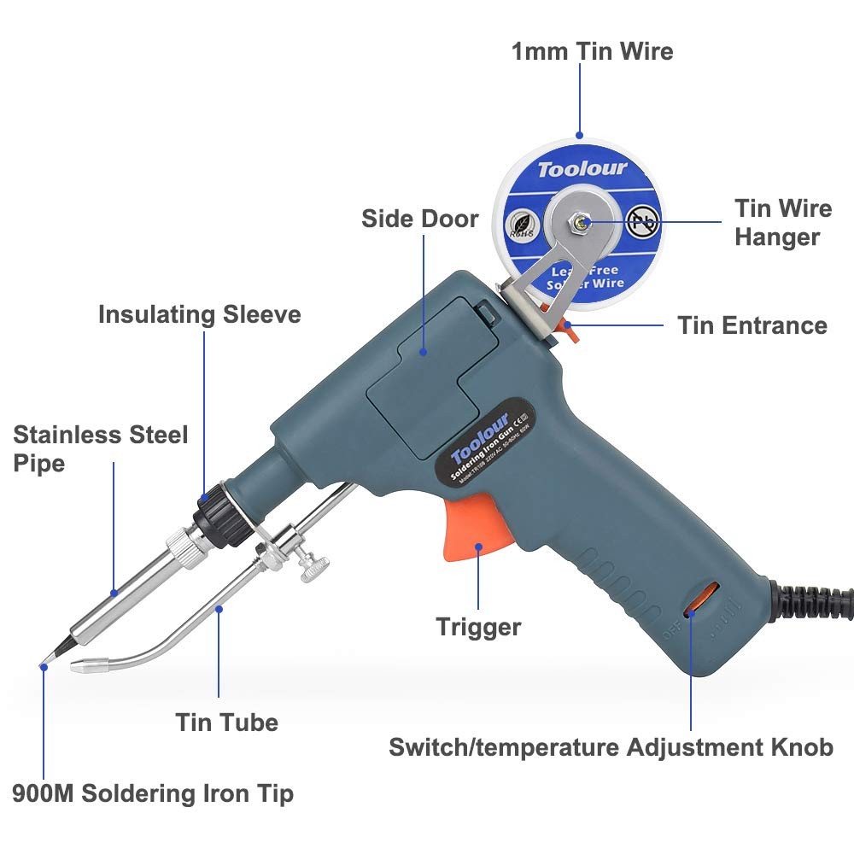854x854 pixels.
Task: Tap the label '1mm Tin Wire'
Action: pos(592,51)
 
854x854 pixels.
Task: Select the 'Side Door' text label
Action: pos(419,219)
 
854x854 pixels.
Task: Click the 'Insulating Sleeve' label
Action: pos(199,314)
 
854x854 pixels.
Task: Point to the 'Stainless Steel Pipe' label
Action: pos(100,449)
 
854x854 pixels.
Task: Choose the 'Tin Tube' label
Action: pos(227,722)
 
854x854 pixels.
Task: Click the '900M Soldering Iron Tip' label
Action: pos(153,793)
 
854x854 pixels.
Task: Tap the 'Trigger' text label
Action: pos(478,627)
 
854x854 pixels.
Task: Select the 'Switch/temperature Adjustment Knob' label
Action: pos(611,747)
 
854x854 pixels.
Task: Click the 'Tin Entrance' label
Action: pos(752,325)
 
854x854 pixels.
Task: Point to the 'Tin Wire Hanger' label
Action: pos(782,222)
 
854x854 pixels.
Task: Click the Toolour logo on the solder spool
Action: pos(582,168)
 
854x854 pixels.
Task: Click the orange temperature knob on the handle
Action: pos(694,599)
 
